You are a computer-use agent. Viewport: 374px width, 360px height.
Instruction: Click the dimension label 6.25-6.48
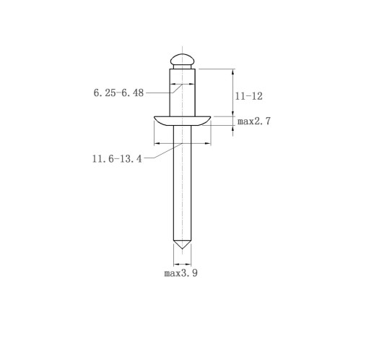[x=118, y=93]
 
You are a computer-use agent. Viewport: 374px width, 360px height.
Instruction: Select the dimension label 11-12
[x=248, y=96]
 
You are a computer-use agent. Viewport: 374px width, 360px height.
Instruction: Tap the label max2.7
[x=254, y=121]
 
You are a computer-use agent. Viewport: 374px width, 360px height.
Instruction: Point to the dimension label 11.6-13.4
[x=117, y=159]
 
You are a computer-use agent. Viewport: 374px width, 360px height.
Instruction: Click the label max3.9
[x=181, y=273]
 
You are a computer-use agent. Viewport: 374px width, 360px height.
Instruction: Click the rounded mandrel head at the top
[x=182, y=59]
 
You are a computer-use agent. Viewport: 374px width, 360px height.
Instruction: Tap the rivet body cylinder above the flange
[x=182, y=93]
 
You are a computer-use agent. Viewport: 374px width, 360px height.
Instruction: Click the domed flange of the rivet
[x=182, y=121]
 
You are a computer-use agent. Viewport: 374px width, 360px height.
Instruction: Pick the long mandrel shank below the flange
[x=182, y=183]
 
